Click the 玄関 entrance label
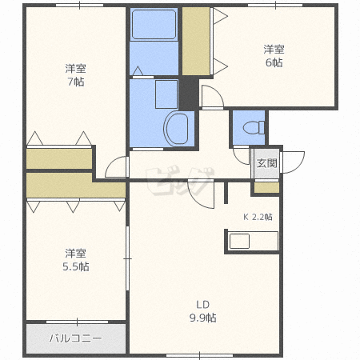[266, 163]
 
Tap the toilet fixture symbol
[254, 127]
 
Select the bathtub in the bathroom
[154, 24]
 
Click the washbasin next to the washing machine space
[177, 129]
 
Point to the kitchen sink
[239, 241]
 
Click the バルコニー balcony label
[76, 338]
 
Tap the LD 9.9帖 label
[202, 311]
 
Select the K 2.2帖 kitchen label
[258, 217]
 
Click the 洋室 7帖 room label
[76, 75]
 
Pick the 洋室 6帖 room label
[274, 56]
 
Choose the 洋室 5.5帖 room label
[76, 260]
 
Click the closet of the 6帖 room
[196, 41]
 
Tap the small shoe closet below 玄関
[266, 187]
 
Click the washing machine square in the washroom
[166, 94]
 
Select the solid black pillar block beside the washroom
[189, 94]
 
